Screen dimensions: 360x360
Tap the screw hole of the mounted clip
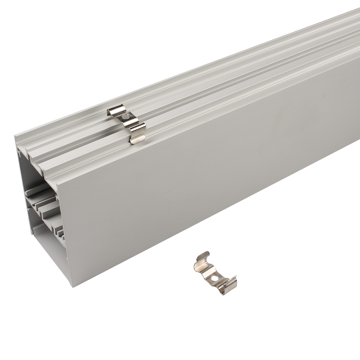click(125, 117)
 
